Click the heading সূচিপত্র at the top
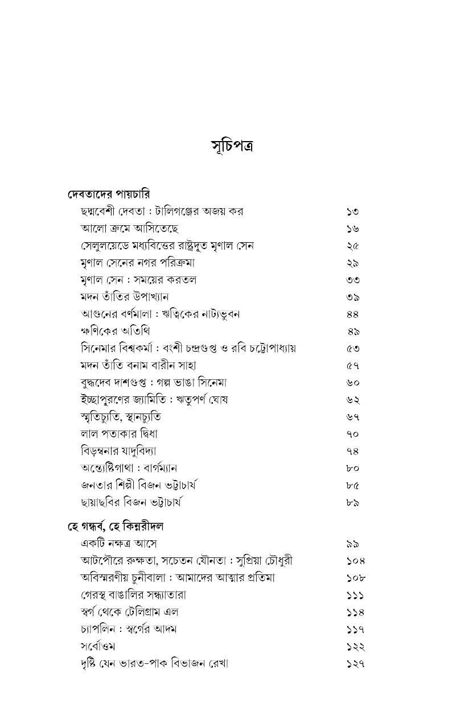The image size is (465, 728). pyautogui.click(x=232, y=146)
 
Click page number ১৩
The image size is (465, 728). pyautogui.click(x=353, y=212)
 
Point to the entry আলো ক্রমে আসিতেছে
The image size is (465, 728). pyautogui.click(x=130, y=229)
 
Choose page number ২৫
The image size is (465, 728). pyautogui.click(x=353, y=246)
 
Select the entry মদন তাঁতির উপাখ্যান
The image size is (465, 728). pyautogui.click(x=125, y=297)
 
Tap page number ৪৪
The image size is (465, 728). pyautogui.click(x=353, y=314)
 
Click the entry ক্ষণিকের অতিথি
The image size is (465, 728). pyautogui.click(x=116, y=331)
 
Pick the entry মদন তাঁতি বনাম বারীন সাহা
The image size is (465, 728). pyautogui.click(x=139, y=365)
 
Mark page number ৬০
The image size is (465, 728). pyautogui.click(x=353, y=383)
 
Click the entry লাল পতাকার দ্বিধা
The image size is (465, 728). pyautogui.click(x=119, y=434)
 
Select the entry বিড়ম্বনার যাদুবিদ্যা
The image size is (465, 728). pyautogui.click(x=119, y=451)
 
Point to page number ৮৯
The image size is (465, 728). pyautogui.click(x=353, y=503)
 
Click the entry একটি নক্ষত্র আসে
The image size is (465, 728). pyautogui.click(x=119, y=544)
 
